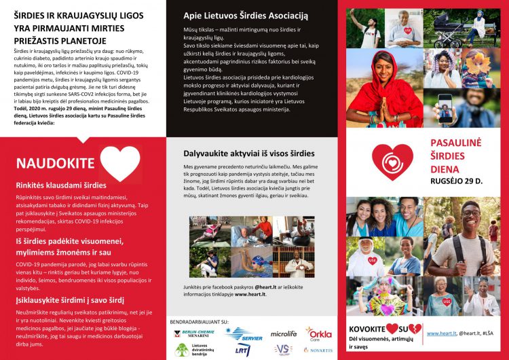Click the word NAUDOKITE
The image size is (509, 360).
coord(54,163)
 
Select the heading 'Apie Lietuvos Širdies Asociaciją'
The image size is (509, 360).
coord(246,16)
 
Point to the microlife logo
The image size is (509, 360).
coord(284,334)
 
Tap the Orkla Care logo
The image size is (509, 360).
coord(318,334)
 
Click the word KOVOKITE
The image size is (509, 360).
coord(368,329)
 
